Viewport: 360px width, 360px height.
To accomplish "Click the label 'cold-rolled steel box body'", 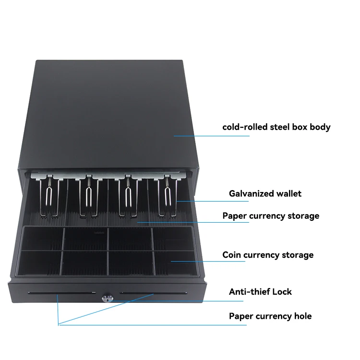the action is coord(276,127).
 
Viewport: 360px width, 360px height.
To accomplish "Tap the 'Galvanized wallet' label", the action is coord(265,193).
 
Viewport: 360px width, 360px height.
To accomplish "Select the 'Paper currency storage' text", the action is coord(270,216).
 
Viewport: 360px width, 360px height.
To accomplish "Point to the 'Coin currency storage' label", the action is coord(268,255).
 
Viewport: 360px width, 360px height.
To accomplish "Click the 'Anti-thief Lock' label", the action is coord(260,291).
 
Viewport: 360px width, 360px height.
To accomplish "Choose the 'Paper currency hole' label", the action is coord(270,316).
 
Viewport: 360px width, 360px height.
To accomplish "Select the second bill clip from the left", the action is coord(88,197).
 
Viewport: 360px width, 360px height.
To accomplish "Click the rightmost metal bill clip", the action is coord(167,197).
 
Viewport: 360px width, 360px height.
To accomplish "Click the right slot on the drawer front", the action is coord(154,292).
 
